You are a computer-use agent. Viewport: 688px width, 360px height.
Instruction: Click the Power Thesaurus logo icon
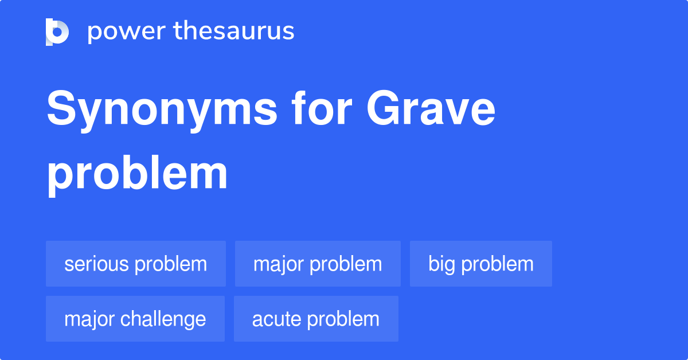tap(57, 32)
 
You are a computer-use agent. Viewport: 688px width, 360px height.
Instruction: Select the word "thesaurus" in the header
tap(234, 32)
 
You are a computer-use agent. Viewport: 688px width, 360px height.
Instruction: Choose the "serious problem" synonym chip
tap(136, 264)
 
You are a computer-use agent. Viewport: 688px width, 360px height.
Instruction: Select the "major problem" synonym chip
tap(318, 264)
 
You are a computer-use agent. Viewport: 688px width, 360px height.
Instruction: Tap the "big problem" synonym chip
tap(481, 264)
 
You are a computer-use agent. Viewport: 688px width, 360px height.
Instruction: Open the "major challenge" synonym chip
tap(135, 319)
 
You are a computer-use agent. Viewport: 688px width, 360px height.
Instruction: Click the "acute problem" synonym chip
tap(316, 319)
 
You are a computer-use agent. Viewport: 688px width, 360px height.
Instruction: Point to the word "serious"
tap(97, 264)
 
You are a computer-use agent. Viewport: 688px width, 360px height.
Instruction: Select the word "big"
tap(442, 264)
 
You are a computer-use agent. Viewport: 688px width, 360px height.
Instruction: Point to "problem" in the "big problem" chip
tap(497, 264)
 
